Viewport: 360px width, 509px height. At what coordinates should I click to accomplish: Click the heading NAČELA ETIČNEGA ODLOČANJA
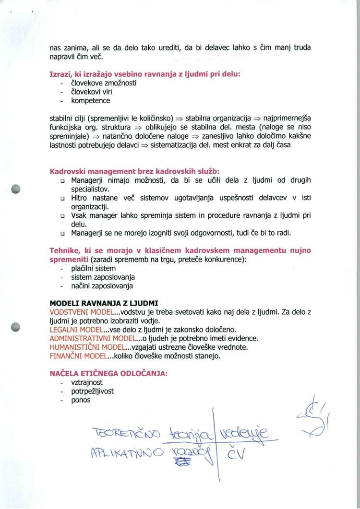[108, 374]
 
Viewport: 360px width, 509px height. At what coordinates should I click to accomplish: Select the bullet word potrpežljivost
[93, 391]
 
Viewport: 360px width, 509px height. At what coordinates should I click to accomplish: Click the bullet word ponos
[81, 400]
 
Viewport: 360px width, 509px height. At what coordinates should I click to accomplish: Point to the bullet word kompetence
[91, 101]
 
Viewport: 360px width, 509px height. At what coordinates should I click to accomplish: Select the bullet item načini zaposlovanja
[102, 286]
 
